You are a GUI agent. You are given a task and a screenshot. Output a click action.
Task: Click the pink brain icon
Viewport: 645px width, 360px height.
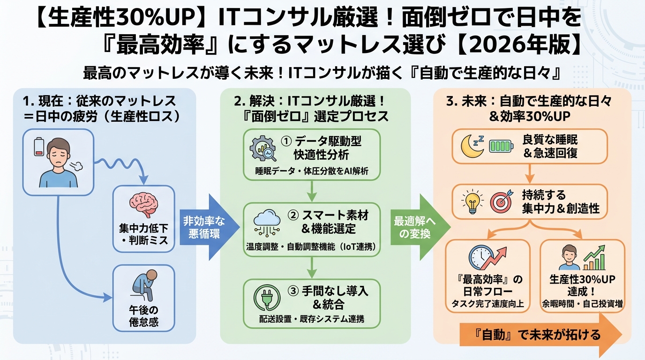(144, 205)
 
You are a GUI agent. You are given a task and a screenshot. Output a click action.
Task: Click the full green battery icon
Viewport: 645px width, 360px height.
(501, 147)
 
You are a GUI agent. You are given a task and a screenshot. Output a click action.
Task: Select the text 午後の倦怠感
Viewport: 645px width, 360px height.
(143, 316)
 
